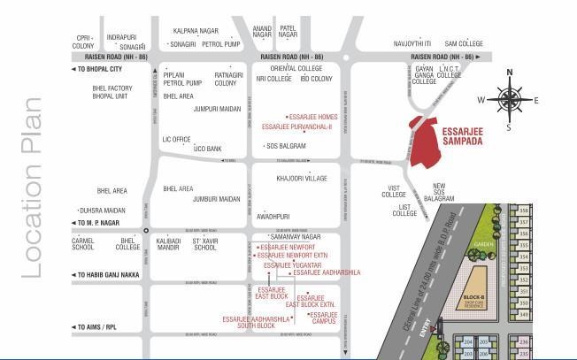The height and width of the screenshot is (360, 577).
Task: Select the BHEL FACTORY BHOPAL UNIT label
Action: click(112, 92)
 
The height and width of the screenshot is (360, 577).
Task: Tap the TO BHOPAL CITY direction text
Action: click(99, 69)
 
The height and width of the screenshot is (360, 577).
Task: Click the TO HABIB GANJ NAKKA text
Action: click(111, 275)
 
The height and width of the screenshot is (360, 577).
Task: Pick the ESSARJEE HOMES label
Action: click(312, 117)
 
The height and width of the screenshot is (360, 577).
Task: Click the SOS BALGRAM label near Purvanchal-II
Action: click(286, 146)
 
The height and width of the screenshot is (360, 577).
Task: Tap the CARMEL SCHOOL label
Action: click(83, 243)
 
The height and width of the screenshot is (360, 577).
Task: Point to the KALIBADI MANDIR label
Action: click(168, 243)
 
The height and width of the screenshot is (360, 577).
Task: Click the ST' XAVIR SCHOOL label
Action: click(205, 243)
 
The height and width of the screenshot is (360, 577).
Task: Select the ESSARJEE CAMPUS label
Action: click(324, 318)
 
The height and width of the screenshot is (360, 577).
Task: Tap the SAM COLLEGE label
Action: click(463, 43)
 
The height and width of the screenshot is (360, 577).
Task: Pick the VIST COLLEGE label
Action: click(394, 192)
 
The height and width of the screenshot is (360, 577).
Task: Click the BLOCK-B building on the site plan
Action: click(475, 287)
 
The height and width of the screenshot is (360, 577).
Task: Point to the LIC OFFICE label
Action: click(176, 139)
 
